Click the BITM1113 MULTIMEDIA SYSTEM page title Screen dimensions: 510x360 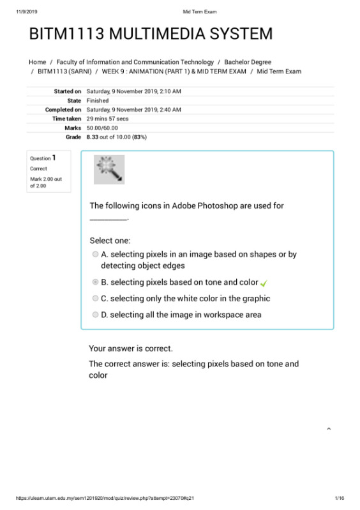(x=151, y=34)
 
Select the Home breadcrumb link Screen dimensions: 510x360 (x=37, y=62)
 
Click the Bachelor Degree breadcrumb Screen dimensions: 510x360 (x=248, y=62)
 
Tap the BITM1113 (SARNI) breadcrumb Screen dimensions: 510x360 (x=63, y=71)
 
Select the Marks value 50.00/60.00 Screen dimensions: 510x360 (x=102, y=128)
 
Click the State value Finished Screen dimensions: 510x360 (x=97, y=101)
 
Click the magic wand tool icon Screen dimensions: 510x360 (x=109, y=169)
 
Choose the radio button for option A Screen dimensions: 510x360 (x=95, y=254)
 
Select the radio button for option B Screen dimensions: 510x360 (x=95, y=282)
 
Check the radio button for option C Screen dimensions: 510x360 (x=95, y=298)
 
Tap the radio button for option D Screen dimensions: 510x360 (x=95, y=315)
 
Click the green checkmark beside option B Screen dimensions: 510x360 (x=264, y=283)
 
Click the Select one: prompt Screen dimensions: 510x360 (x=110, y=241)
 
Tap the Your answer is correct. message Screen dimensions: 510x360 (x=130, y=349)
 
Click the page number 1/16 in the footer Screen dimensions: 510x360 (x=339, y=498)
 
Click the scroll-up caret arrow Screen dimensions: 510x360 (x=329, y=429)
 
